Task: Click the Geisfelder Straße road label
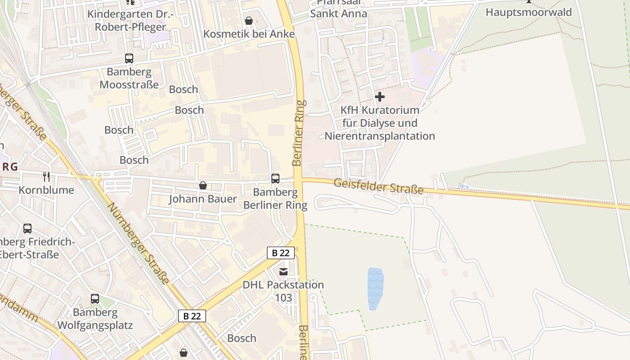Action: (x=379, y=186)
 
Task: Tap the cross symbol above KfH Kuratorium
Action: (x=380, y=97)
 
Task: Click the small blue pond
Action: (x=375, y=288)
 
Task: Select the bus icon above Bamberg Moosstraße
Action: (x=129, y=58)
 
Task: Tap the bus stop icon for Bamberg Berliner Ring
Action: (x=275, y=179)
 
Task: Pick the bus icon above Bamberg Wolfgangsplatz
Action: (x=95, y=299)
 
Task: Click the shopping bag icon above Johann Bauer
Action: (x=203, y=185)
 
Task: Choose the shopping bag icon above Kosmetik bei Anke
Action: (x=248, y=21)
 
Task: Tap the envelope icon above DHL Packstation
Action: (x=283, y=271)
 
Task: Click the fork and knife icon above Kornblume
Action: (x=46, y=176)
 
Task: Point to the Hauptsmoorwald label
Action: (x=528, y=12)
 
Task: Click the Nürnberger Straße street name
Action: (x=139, y=243)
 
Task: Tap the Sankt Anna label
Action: (x=338, y=13)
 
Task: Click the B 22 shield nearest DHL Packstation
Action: (x=281, y=253)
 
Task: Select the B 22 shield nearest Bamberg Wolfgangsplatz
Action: (x=192, y=316)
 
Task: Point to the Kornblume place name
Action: (x=46, y=190)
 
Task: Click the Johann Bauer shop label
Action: (x=203, y=199)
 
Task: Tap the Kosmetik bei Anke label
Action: (x=249, y=34)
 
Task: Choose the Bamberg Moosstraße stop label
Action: (x=129, y=78)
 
